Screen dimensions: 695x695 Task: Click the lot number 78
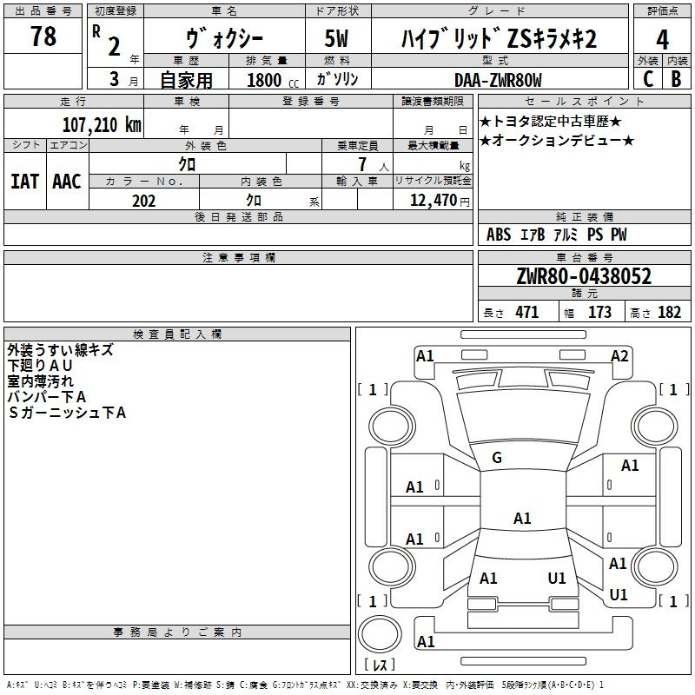click(x=43, y=36)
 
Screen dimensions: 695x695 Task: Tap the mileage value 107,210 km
click(x=102, y=124)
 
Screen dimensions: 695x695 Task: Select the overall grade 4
click(x=662, y=40)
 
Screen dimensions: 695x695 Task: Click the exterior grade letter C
click(x=648, y=79)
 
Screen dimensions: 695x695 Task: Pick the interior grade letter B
click(x=676, y=79)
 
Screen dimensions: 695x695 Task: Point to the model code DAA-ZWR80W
click(x=498, y=80)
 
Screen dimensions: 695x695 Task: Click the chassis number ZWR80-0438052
click(x=584, y=275)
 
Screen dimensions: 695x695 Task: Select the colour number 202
click(x=143, y=201)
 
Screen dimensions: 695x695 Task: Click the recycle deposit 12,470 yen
click(x=440, y=201)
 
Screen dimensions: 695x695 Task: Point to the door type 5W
click(x=336, y=38)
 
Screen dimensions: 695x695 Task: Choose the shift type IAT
click(x=24, y=182)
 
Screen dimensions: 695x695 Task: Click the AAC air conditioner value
click(x=67, y=182)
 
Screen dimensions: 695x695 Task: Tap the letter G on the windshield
click(x=497, y=458)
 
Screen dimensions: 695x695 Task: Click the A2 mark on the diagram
click(x=619, y=356)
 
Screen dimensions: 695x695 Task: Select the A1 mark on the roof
click(x=522, y=518)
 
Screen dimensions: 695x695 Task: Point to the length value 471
click(x=527, y=312)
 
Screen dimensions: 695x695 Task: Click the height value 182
click(x=669, y=312)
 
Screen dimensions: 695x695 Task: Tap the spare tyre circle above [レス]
click(x=380, y=634)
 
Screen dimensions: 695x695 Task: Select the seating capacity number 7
click(x=362, y=164)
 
